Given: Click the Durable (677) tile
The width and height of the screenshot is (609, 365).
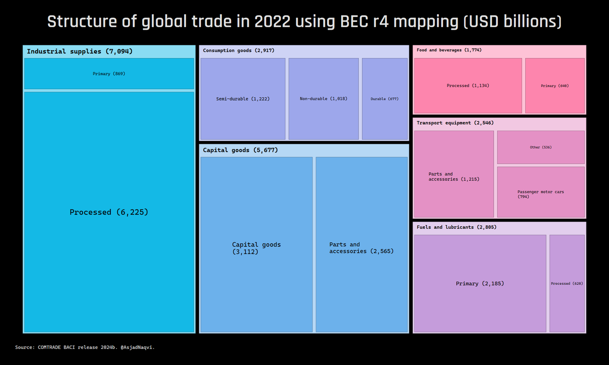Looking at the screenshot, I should [384, 99].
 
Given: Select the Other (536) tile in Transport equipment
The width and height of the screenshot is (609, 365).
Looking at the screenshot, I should [540, 147].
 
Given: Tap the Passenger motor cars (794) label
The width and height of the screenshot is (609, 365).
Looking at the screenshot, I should [540, 194].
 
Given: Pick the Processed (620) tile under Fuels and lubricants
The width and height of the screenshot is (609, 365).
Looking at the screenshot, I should [567, 284].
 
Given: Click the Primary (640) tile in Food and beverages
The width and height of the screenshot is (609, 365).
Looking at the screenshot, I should [555, 86].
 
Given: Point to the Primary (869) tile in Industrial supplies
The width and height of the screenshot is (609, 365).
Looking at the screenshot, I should [109, 74].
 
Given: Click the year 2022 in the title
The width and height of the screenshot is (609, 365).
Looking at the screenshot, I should [272, 22].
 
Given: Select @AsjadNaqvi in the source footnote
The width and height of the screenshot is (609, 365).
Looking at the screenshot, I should [137, 347].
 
